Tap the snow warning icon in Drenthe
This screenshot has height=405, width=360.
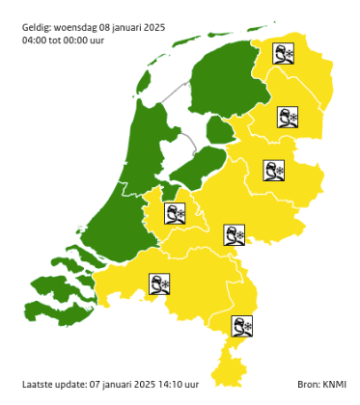(x=288, y=117)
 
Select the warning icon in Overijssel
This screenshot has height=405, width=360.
(x=275, y=171)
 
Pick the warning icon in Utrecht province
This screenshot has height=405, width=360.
(x=175, y=212)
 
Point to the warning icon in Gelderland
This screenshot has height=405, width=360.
(x=235, y=234)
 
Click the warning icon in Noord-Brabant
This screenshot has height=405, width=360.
(x=159, y=283)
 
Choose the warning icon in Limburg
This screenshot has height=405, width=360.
(x=242, y=326)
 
